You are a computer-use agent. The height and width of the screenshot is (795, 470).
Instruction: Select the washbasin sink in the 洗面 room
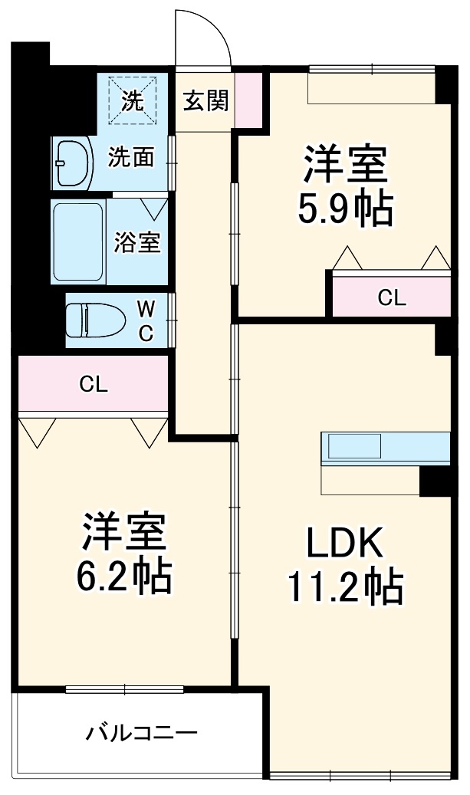click(x=72, y=163)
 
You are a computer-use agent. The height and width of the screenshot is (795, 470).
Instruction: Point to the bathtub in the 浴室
click(x=78, y=241)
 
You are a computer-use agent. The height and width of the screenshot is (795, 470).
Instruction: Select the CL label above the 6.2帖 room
click(x=93, y=385)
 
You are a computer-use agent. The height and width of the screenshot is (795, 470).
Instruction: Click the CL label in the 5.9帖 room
click(x=391, y=297)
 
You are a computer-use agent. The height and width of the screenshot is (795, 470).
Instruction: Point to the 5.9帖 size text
click(x=345, y=208)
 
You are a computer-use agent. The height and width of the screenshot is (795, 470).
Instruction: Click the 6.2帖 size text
click(x=123, y=577)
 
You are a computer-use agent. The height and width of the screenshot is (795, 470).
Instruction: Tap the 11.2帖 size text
click(x=345, y=587)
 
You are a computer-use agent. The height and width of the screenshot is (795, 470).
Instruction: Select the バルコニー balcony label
click(x=141, y=733)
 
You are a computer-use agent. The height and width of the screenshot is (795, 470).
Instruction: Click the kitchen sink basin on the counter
click(x=354, y=447)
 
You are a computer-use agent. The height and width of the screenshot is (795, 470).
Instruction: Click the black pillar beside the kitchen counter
click(x=435, y=481)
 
